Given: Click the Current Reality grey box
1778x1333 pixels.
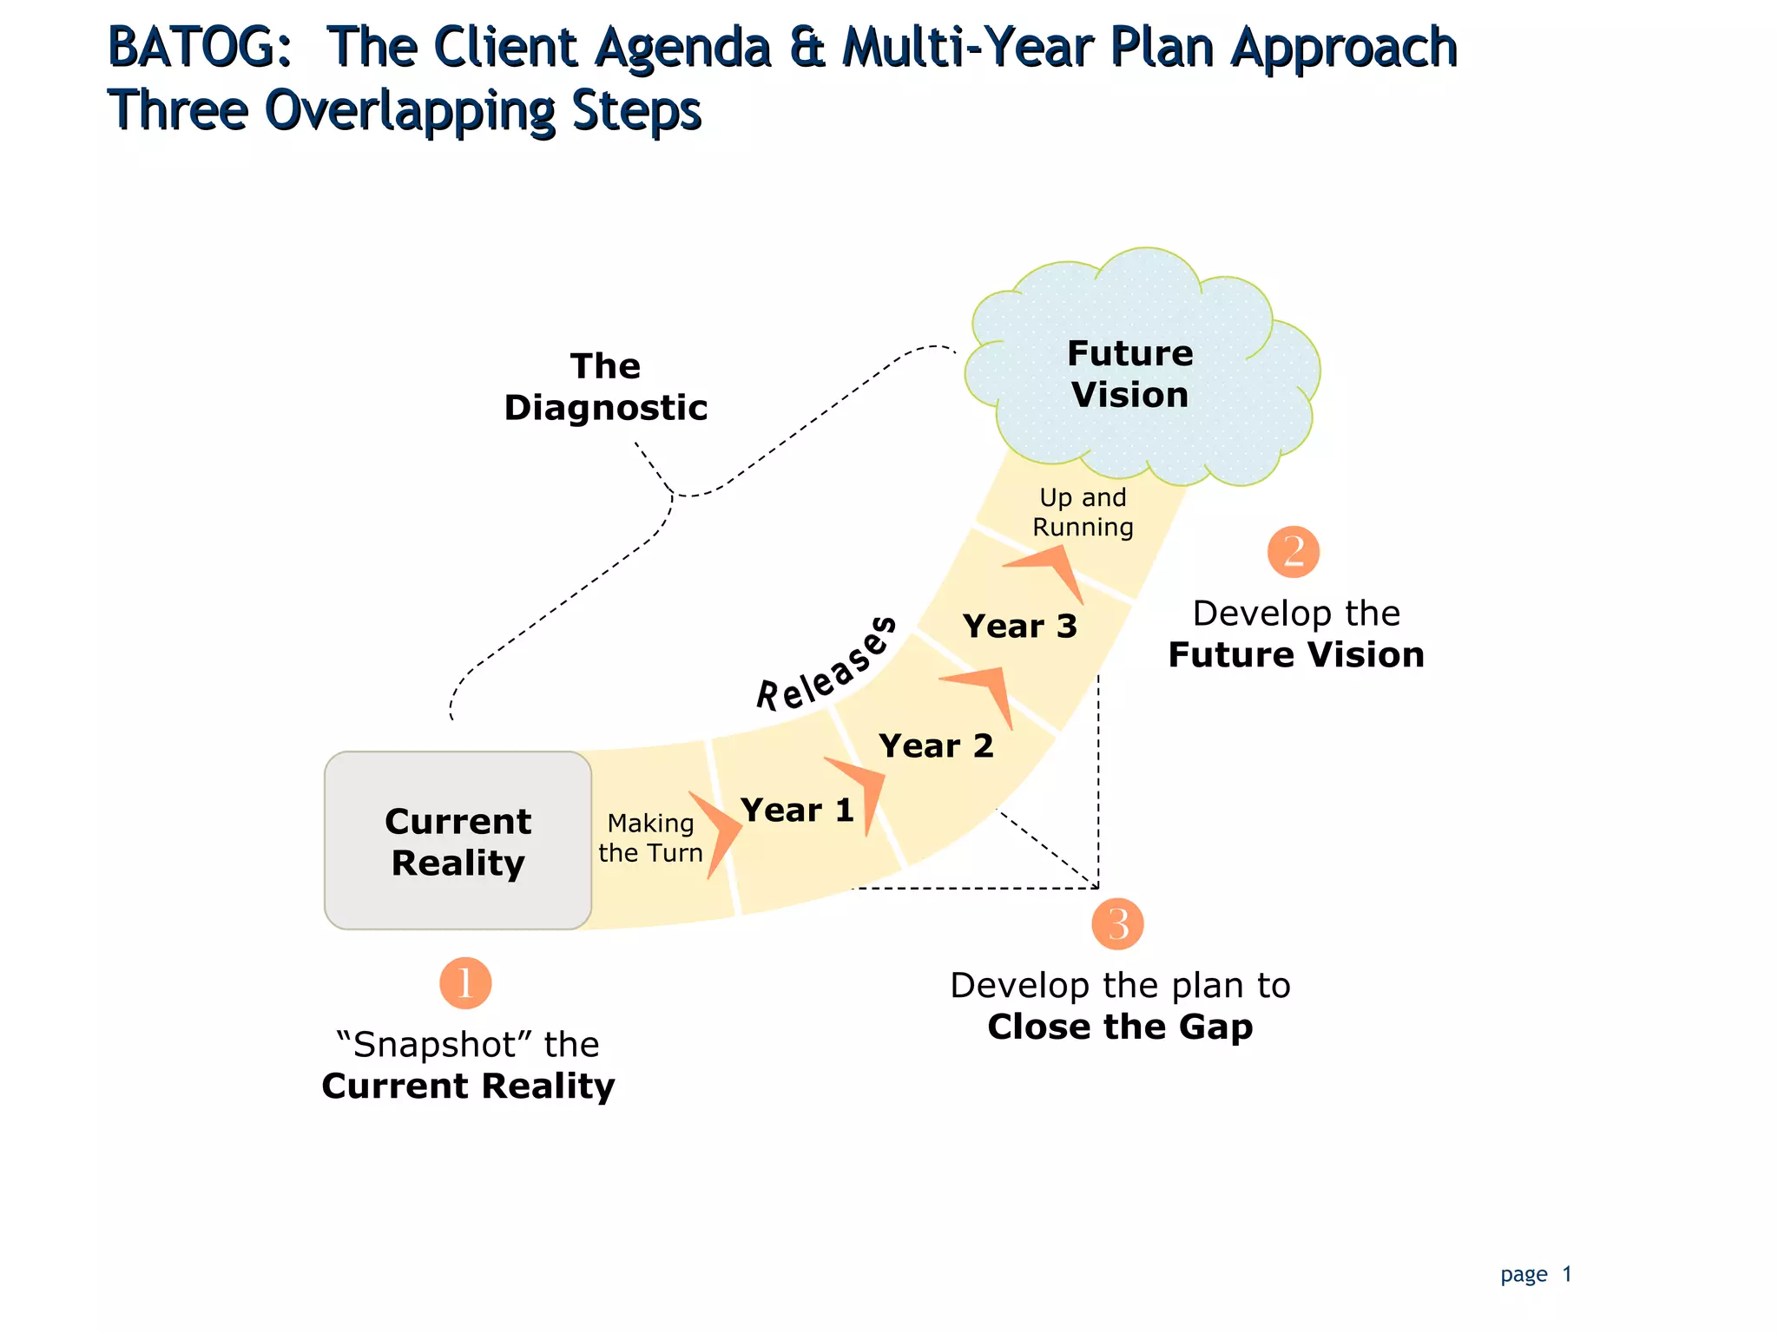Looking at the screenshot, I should click(458, 840).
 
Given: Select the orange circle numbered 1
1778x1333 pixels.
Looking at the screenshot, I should click(465, 983).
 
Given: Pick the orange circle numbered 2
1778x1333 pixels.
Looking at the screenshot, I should click(1293, 552).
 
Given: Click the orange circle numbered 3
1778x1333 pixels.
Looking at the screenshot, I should click(1117, 923).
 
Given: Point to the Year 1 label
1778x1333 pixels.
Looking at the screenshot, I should click(797, 810).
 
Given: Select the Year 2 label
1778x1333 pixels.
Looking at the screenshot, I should click(935, 745).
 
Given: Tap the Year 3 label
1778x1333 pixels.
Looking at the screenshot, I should click(1019, 626).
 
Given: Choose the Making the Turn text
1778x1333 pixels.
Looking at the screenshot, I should click(650, 837).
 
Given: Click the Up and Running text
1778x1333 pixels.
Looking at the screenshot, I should click(1083, 512).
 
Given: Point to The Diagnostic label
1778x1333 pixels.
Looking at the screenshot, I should click(605, 387).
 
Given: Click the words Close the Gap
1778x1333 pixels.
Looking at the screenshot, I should click(1120, 1027).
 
